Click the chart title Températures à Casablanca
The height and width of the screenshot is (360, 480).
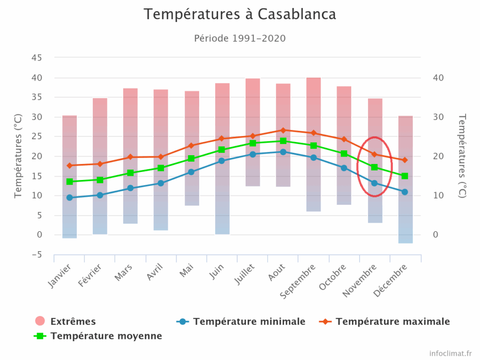coord(240,14)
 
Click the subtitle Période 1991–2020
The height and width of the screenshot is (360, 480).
coord(240,38)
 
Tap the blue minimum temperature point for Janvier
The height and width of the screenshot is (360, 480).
coord(69,197)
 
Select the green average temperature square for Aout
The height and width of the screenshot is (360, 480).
coord(283,141)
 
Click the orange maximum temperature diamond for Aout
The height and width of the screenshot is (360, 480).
coord(283,130)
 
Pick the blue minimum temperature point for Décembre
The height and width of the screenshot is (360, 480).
coord(405,192)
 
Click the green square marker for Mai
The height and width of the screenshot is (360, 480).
coord(191,158)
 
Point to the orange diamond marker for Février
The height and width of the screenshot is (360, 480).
coord(100,164)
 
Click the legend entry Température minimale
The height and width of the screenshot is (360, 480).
coord(248,322)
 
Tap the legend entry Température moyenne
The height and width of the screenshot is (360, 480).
coord(106,336)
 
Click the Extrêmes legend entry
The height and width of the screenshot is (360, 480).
coord(73,322)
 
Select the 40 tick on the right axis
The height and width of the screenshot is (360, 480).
coord(438,77)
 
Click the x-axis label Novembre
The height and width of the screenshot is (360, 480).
coord(360,280)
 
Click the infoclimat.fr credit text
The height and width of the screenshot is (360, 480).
coord(450,352)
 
